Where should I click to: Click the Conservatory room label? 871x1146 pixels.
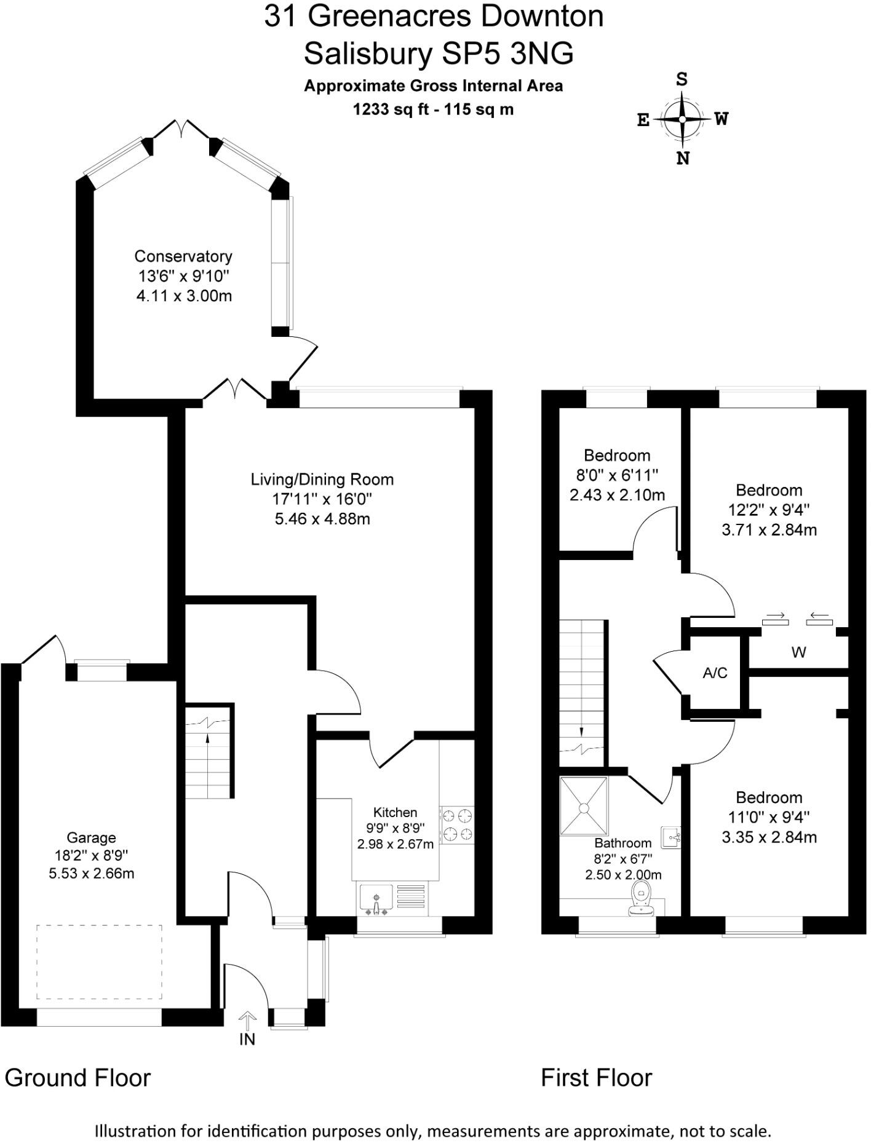[x=183, y=256]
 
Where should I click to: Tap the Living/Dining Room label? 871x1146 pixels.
[x=322, y=480]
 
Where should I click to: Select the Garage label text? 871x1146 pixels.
[x=91, y=837]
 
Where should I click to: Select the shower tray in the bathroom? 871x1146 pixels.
[x=583, y=805]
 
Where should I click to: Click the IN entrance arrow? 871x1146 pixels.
[x=247, y=1021]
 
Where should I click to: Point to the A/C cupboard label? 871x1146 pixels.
[x=715, y=673]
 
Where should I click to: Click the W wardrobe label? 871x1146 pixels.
[x=798, y=652]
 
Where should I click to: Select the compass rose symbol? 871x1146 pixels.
[x=682, y=119]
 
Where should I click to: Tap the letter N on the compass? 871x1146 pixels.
[x=683, y=159]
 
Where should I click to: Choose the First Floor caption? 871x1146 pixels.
[x=596, y=1078]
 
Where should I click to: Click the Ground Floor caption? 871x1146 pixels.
[x=78, y=1078]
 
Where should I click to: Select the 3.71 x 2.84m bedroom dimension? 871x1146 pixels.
[x=769, y=529]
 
